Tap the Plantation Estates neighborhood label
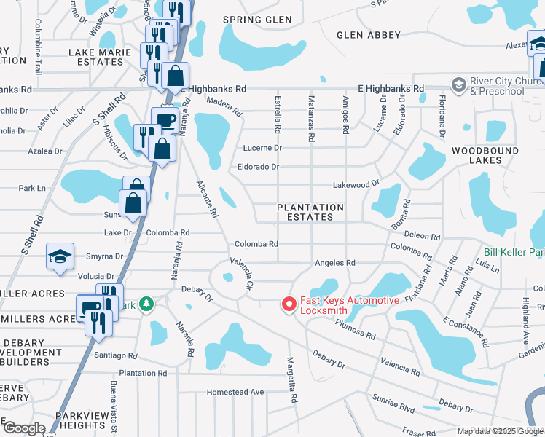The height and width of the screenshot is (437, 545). [310, 212]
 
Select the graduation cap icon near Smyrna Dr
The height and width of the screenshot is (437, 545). [60, 257]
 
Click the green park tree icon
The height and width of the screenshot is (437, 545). [146, 303]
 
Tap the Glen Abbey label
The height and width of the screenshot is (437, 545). [369, 35]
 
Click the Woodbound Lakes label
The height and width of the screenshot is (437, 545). [485, 155]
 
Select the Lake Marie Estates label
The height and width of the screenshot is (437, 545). [100, 57]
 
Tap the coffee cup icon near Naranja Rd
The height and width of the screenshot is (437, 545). [163, 119]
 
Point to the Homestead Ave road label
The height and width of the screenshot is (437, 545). [235, 392]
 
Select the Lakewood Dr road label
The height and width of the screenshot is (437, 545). [356, 185]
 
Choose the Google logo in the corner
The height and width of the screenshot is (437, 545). [24, 428]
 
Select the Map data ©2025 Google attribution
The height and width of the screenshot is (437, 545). [500, 431]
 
